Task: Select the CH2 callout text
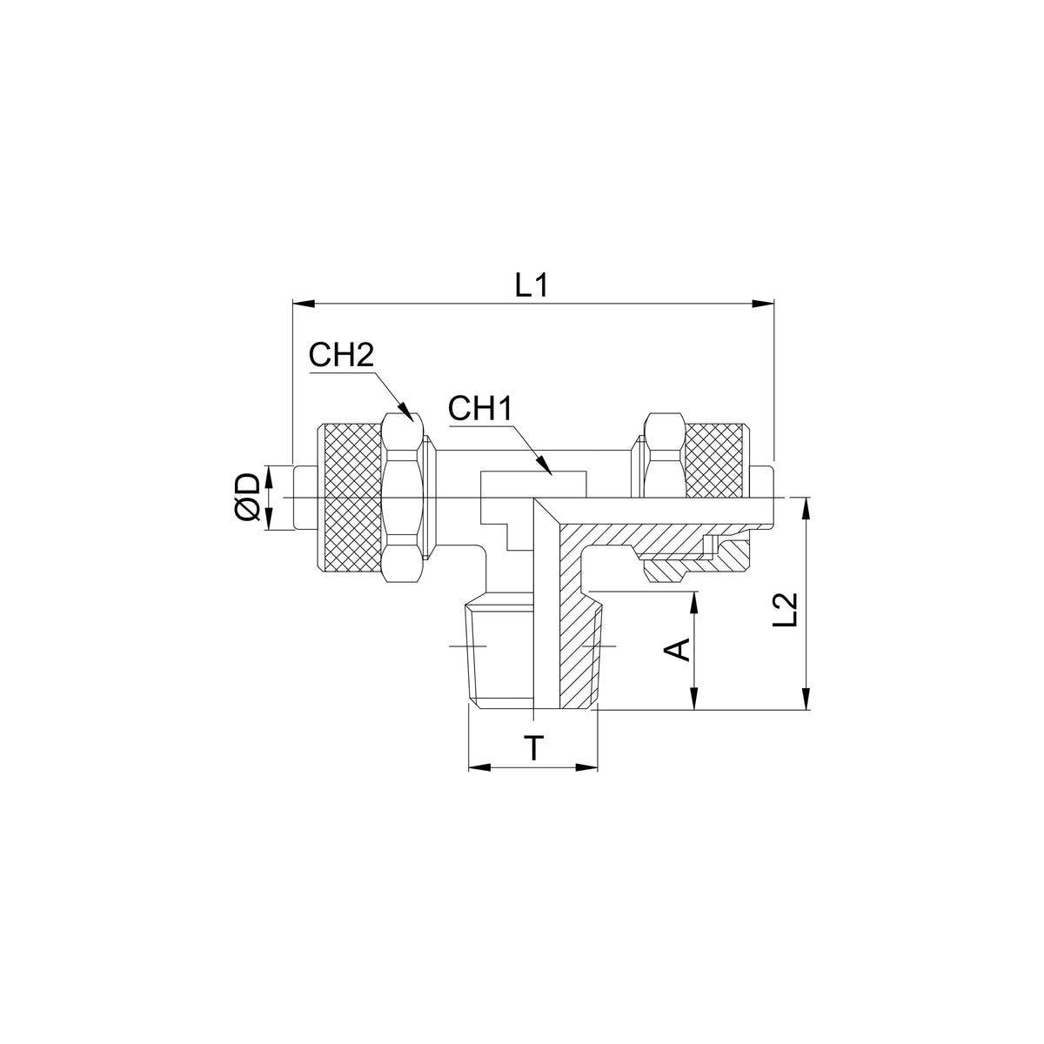pyautogui.click(x=341, y=356)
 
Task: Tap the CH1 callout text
pyautogui.click(x=480, y=409)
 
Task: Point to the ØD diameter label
pyautogui.click(x=249, y=497)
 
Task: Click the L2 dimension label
pyautogui.click(x=786, y=610)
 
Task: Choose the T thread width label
pyautogui.click(x=534, y=748)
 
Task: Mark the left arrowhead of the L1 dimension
pyautogui.click(x=304, y=304)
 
